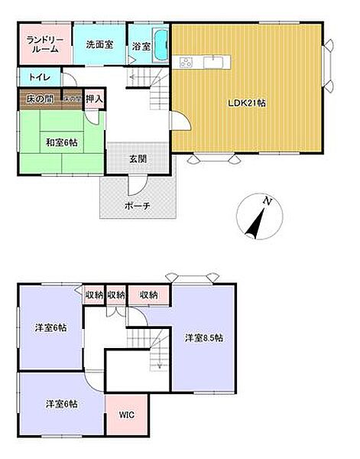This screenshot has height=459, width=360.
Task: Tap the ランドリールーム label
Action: click(x=43, y=44)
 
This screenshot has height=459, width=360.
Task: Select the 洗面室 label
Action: click(x=99, y=44)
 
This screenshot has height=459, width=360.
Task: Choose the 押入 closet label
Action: click(x=94, y=99)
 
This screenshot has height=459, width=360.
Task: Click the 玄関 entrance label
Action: click(x=138, y=159)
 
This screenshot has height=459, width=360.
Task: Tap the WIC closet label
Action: click(x=126, y=415)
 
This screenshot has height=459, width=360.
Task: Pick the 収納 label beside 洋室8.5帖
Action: click(x=150, y=295)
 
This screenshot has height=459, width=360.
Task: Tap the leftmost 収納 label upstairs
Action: click(x=93, y=295)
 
